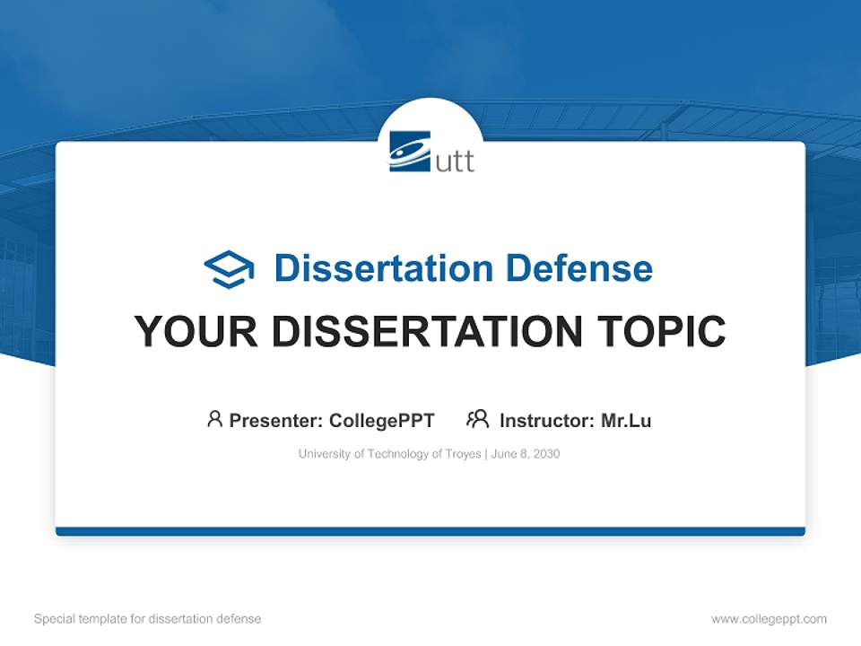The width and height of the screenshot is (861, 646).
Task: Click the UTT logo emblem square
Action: tap(410, 151)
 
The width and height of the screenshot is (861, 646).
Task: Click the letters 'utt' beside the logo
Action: tap(455, 161)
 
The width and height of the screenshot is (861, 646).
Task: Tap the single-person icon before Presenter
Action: tap(214, 419)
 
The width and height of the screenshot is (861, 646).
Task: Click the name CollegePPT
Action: tap(382, 420)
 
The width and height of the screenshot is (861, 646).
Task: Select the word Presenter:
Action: tap(276, 420)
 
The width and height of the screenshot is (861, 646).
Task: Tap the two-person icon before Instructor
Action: tap(477, 419)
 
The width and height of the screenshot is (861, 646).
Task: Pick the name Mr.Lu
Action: tap(626, 420)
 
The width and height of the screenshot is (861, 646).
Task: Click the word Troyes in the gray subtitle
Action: tap(463, 454)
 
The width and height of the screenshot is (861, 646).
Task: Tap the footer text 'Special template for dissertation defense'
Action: tap(147, 619)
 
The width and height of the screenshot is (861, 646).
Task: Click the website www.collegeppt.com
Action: tap(769, 619)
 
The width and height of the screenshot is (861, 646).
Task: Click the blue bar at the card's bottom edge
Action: tap(430, 531)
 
